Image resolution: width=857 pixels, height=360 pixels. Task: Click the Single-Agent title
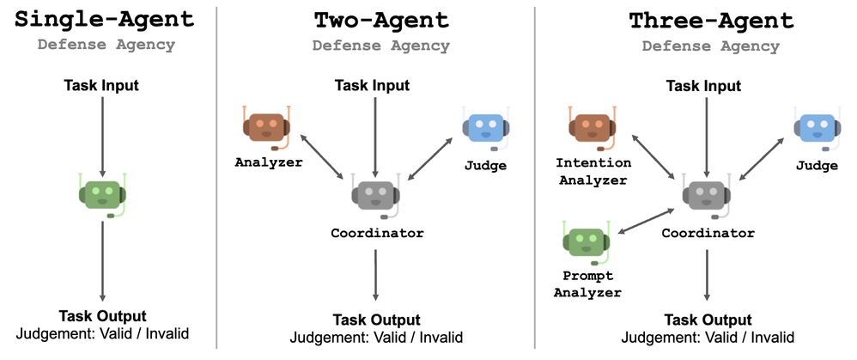pos(102,19)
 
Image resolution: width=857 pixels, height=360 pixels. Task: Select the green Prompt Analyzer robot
pos(586,241)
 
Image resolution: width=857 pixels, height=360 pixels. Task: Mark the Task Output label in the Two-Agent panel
pos(376,320)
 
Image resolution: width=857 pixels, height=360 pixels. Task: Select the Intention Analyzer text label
pos(593,171)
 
